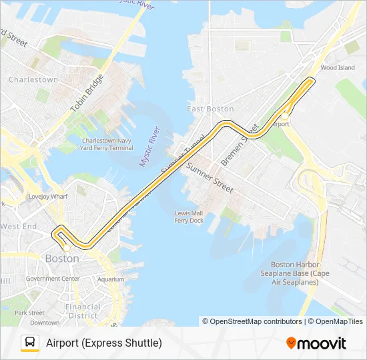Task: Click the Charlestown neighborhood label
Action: point(33,79)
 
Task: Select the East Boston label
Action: point(210,109)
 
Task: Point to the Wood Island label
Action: point(338,67)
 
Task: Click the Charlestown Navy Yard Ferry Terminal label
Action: point(107,144)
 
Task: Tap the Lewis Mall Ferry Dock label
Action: point(188,217)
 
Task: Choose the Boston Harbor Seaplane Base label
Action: point(300,273)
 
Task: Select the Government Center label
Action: point(52,279)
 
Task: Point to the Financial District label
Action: point(83,311)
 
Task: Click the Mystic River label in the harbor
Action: point(149,146)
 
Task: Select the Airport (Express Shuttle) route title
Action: point(104,343)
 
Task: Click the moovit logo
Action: point(316,343)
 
